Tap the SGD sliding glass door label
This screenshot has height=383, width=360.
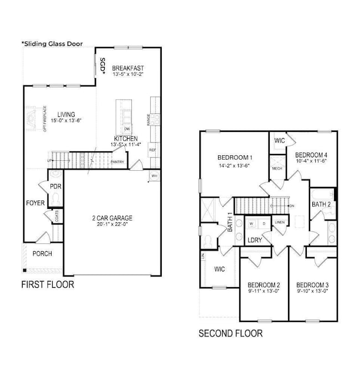point(102,67)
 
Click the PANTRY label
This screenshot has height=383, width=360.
point(117,162)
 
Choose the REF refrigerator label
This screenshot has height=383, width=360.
point(152,150)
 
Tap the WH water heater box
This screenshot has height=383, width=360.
point(154,176)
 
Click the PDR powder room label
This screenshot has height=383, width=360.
point(55,187)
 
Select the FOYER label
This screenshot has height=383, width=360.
point(35,203)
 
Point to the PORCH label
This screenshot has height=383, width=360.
point(42,253)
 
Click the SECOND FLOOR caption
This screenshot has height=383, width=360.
point(230,334)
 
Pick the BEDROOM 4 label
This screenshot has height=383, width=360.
point(311,155)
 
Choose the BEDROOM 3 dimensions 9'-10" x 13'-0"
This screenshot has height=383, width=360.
point(313,291)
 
